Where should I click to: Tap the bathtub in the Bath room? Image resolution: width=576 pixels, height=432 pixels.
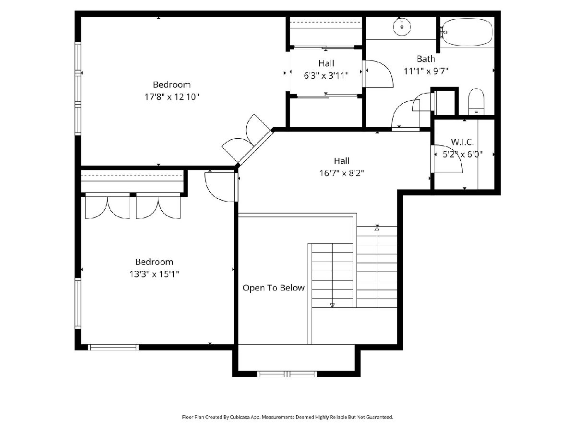(x=467, y=32)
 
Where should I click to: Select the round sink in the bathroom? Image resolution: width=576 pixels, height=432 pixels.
(x=402, y=27)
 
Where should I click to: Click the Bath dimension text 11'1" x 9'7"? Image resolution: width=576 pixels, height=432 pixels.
(x=426, y=71)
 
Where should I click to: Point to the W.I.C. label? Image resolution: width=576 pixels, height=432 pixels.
(x=462, y=142)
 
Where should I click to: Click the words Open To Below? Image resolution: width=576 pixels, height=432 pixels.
(x=274, y=288)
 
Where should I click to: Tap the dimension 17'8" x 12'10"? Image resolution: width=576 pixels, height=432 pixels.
(x=172, y=97)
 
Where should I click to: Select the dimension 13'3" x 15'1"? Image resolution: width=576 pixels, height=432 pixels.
(x=154, y=274)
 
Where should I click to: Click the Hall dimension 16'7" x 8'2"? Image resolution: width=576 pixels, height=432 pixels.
(x=341, y=173)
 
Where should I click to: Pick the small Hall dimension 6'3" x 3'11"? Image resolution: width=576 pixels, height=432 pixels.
(x=326, y=75)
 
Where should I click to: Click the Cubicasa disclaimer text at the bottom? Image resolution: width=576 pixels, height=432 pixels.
(x=288, y=417)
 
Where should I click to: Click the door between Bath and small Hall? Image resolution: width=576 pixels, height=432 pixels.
(x=378, y=74)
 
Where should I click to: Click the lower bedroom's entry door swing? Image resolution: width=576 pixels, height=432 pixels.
(x=221, y=186)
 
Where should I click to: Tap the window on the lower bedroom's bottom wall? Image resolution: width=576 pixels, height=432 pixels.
(x=113, y=347)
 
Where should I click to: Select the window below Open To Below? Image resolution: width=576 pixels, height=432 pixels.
(x=287, y=374)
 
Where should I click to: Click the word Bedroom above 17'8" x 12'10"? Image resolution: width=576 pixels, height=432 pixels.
(x=172, y=85)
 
